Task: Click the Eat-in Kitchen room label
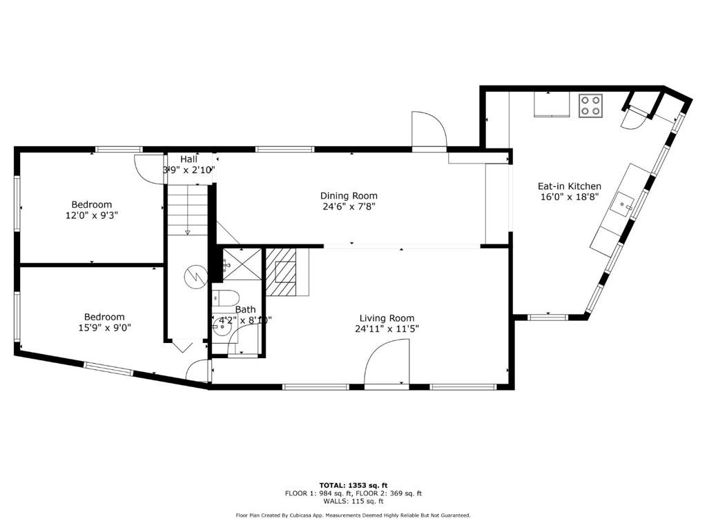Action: (569, 186)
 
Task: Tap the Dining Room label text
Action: (349, 195)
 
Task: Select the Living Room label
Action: (387, 318)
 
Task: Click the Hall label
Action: (189, 159)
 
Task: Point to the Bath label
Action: (245, 310)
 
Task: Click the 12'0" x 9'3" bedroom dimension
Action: (92, 215)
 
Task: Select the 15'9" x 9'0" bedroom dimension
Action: (105, 328)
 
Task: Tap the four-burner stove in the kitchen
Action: (591, 106)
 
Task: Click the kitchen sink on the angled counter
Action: (623, 204)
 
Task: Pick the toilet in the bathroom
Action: (226, 298)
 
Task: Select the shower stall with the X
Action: (242, 264)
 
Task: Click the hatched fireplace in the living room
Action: (281, 272)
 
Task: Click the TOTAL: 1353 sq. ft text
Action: (353, 485)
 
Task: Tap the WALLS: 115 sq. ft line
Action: (353, 501)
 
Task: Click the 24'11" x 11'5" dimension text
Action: (387, 329)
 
